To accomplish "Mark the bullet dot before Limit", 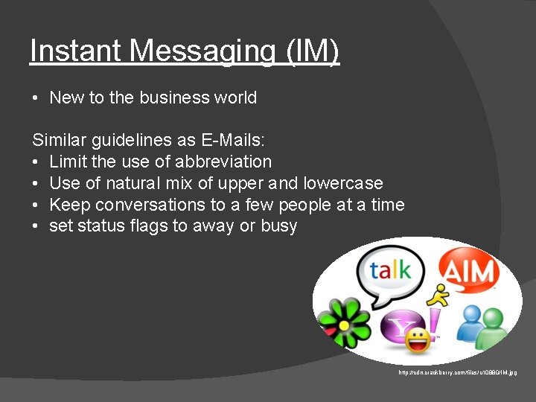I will [x=36, y=162].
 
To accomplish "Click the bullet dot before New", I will [x=36, y=98].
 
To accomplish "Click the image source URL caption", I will [x=458, y=372].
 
